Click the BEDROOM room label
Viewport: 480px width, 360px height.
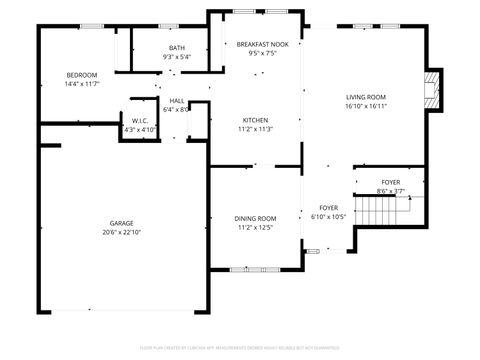pos(82,75)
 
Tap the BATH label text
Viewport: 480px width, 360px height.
pos(176,48)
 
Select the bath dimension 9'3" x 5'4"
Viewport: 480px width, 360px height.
pos(176,57)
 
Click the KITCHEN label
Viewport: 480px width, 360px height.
pos(255,120)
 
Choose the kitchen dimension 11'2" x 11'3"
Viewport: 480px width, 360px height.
pos(255,129)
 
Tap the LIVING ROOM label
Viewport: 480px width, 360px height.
pos(365,97)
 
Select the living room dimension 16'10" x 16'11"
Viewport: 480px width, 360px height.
pos(365,106)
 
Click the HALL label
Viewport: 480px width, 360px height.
pos(176,101)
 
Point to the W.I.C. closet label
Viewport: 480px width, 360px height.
pos(140,121)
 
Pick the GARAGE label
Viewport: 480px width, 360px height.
pos(122,223)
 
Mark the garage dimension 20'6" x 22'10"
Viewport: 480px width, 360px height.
pos(122,232)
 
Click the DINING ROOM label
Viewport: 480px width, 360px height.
pos(255,218)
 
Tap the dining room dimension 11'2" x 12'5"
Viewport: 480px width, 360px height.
pos(255,227)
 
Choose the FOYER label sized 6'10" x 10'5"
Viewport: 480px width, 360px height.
pos(328,207)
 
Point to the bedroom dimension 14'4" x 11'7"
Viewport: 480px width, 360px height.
pos(82,84)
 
